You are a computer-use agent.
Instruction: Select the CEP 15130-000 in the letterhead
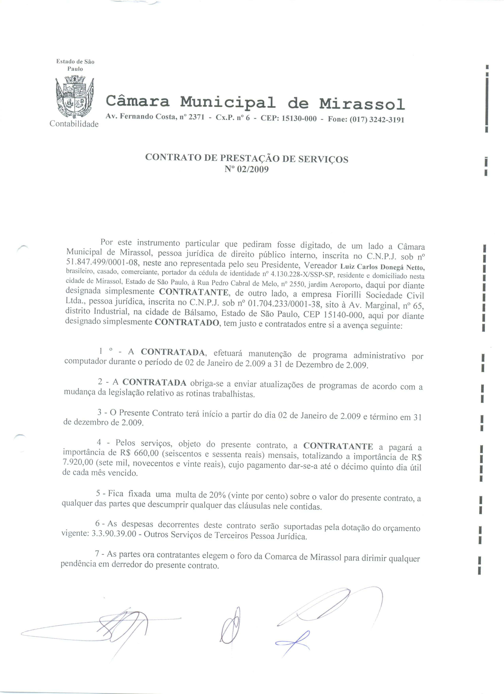click(x=299, y=118)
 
